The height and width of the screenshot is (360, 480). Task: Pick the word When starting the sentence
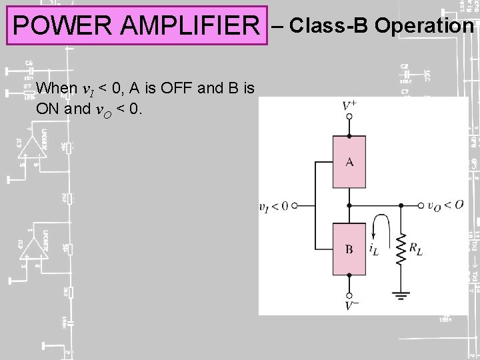click(57, 88)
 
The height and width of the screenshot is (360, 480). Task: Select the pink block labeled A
click(349, 162)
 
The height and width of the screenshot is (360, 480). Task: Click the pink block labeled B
click(349, 249)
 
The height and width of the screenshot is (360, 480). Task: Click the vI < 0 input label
click(273, 206)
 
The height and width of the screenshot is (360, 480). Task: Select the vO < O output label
click(445, 205)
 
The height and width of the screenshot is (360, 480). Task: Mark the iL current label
click(375, 248)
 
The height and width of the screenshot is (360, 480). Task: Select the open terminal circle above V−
click(349, 294)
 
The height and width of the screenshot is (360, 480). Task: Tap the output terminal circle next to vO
click(421, 206)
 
